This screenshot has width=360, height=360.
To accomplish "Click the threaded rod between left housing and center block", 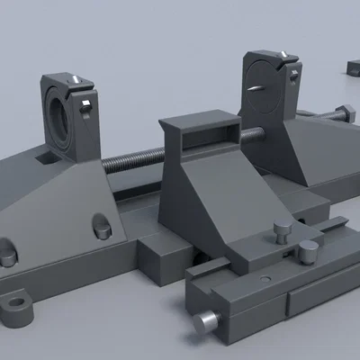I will [135, 161].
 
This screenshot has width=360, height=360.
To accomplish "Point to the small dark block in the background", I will [354, 67].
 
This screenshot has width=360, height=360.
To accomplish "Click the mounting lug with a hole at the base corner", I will [18, 309].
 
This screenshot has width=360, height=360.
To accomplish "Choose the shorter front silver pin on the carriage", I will [308, 251].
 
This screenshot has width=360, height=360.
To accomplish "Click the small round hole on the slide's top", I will [264, 279].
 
